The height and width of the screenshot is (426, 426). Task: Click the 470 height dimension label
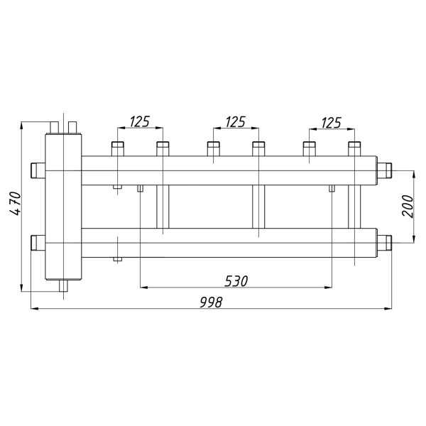15,204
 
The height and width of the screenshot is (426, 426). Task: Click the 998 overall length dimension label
211,302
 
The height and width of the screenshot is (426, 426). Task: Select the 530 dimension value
236,281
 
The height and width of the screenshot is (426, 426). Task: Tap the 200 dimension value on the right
408,206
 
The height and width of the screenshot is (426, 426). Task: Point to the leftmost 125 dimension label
140,121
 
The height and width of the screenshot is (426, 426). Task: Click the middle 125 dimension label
236,121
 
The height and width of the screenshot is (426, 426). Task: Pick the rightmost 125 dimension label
331,123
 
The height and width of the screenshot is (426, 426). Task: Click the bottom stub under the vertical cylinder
63,286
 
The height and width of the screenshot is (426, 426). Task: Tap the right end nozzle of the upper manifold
384,170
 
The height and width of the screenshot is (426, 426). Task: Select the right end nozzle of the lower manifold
384,243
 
